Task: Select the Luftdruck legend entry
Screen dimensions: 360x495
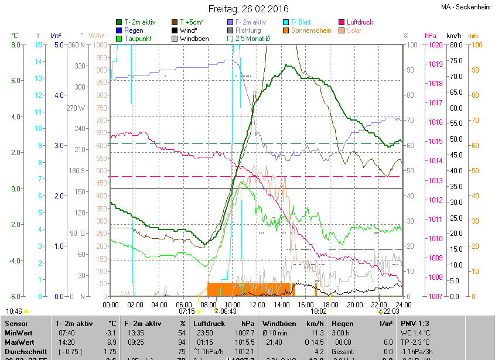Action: (x=360, y=22)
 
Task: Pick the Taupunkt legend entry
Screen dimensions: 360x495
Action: (x=138, y=39)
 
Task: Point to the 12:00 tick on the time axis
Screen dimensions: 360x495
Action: (x=257, y=304)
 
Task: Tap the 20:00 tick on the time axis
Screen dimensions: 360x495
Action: (x=354, y=304)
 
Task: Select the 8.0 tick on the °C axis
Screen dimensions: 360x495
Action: (x=15, y=45)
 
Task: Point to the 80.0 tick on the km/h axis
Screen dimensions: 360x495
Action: (x=455, y=45)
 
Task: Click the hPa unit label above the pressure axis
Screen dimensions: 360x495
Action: (x=430, y=36)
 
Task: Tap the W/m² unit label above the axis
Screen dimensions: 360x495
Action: (x=97, y=36)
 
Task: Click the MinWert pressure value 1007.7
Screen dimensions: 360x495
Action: (x=245, y=332)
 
